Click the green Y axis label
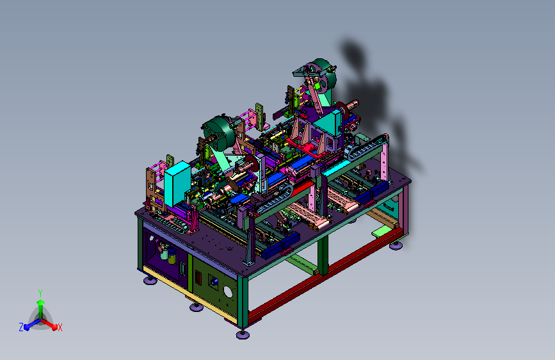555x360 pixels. pos(40,293)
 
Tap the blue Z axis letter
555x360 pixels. pos(21,327)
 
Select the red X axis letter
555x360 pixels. pos(60,327)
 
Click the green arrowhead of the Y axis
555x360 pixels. pos(41,302)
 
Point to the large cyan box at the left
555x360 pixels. pos(177,184)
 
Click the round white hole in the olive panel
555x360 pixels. pos(228,292)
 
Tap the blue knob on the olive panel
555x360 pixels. pos(214,282)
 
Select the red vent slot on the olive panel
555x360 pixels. pos(198,277)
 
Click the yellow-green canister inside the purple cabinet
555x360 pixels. pos(172,256)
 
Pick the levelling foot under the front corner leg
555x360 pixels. pos(243,334)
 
